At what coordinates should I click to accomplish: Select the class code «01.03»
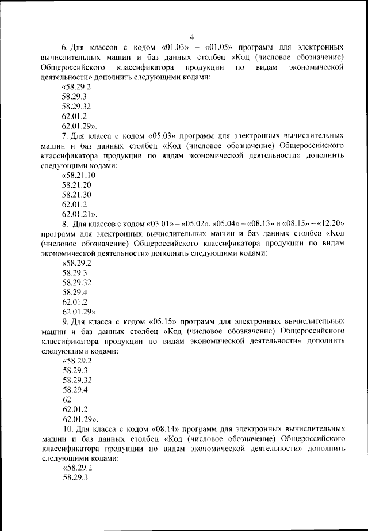175,47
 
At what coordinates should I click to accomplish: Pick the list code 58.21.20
77,185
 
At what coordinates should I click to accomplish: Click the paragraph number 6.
64,47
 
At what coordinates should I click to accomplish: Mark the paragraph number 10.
66,430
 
